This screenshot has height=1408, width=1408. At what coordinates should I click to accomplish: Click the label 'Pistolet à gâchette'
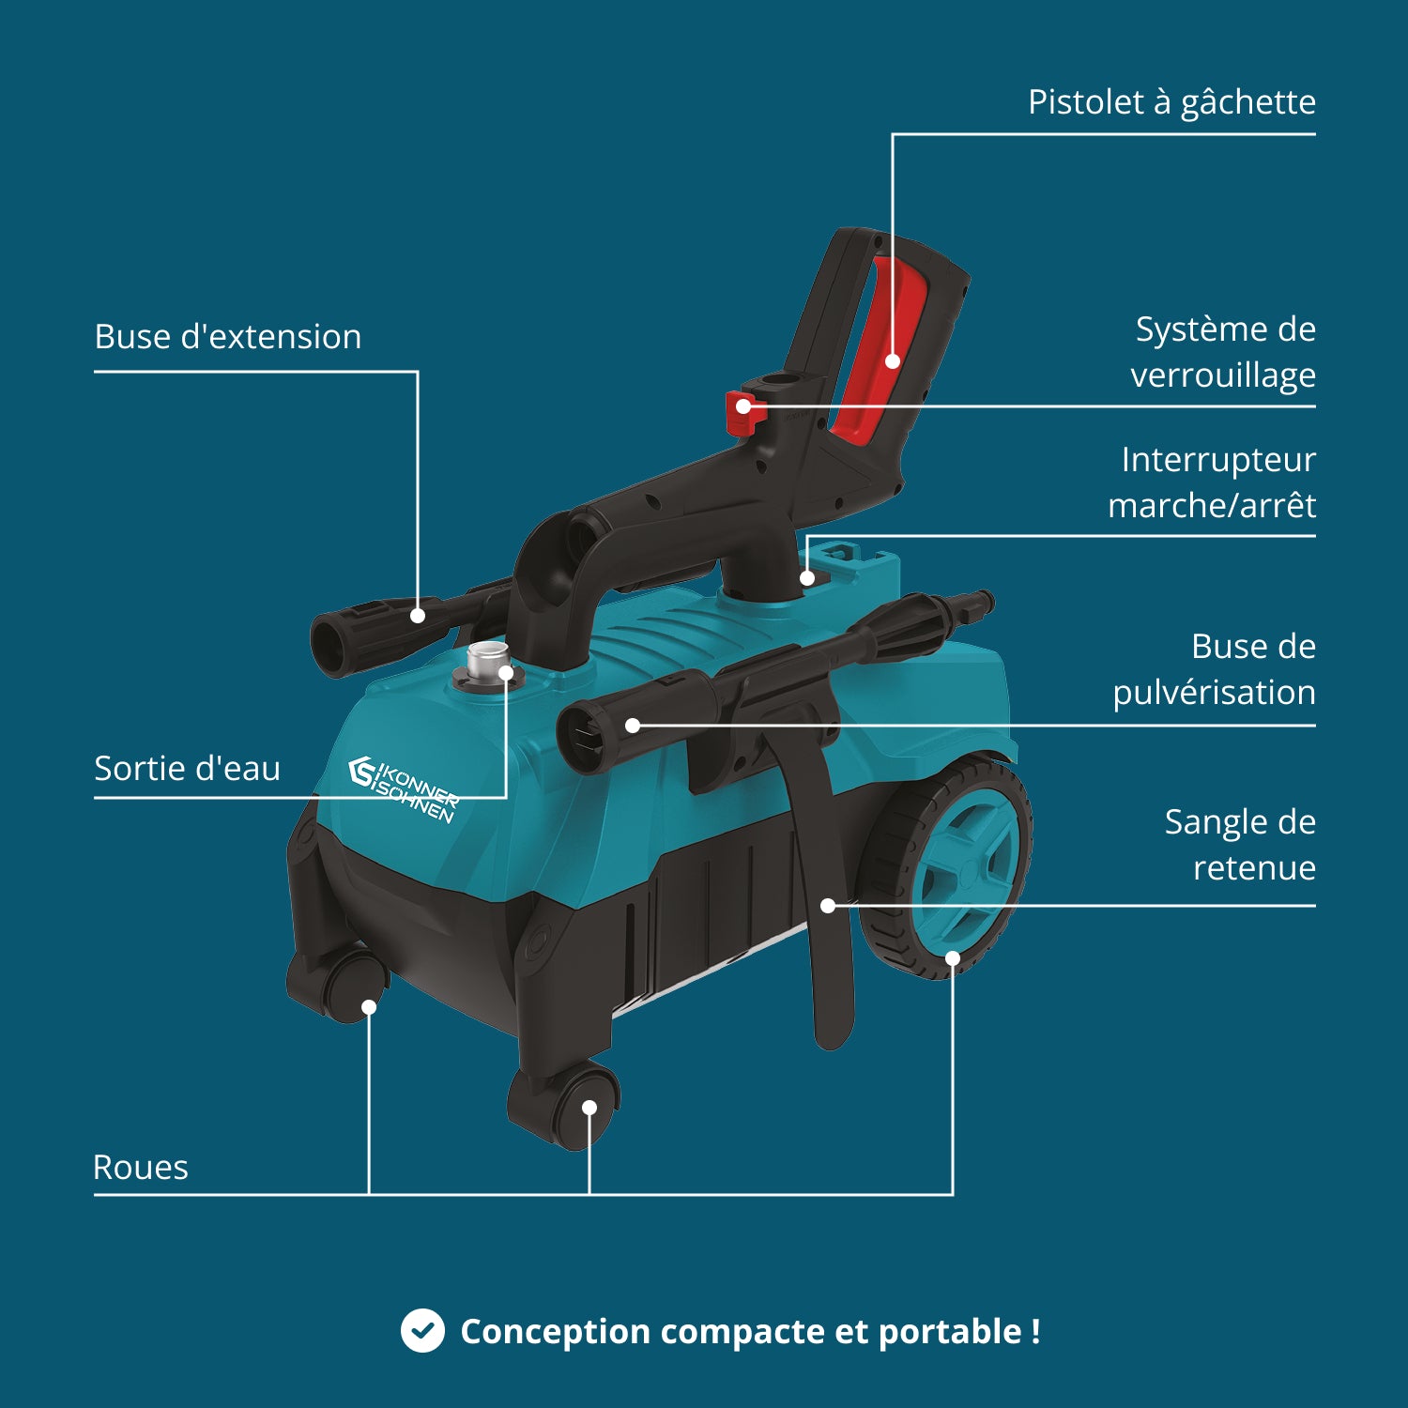1171,101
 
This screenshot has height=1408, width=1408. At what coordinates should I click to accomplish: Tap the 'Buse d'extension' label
227,336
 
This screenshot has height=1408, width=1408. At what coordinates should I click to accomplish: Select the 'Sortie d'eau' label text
187,768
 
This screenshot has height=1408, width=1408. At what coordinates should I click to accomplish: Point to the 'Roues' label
141,1167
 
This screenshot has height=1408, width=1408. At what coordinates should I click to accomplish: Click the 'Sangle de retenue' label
1240,844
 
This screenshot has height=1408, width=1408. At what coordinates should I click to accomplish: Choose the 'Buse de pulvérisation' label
1214,669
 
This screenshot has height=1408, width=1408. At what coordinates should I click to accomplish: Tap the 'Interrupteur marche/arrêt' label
1212,482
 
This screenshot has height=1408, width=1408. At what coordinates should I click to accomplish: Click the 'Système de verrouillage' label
1223,352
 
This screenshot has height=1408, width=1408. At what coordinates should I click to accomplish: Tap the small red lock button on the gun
742,411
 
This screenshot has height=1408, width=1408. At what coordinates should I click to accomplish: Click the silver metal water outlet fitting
487,663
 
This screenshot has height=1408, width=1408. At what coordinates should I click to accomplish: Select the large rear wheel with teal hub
948,868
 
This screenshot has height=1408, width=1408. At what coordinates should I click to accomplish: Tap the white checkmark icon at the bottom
422,1330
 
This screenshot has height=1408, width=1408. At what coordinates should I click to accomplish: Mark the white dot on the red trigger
893,360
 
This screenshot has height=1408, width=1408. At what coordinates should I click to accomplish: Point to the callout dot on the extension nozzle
418,616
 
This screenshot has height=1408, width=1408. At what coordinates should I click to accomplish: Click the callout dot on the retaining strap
828,906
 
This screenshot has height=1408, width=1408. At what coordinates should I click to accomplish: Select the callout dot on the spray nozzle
633,725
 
